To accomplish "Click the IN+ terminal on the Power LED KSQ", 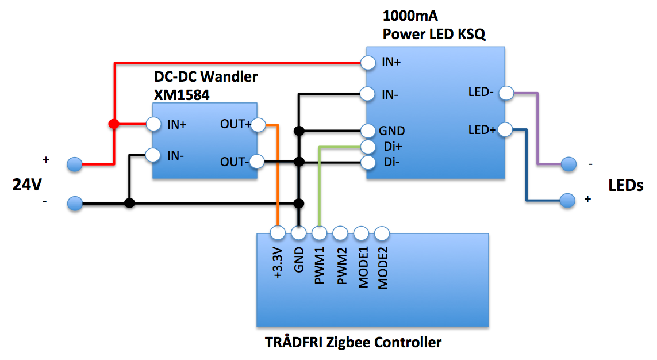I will coord(368,62).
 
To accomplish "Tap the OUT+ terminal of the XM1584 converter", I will coord(258,124).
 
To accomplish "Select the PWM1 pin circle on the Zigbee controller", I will coord(319,233).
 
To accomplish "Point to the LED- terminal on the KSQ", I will coord(506,92).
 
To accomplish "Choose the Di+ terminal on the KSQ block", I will coord(368,147).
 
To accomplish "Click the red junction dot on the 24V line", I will coord(114,124).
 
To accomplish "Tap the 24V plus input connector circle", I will coord(74,165).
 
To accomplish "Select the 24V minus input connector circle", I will coord(74,203).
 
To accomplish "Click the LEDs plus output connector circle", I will coord(568,200).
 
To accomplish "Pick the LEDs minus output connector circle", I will coord(568,164).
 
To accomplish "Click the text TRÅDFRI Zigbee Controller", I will coord(353,343).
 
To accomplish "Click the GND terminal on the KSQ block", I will coord(368,131).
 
